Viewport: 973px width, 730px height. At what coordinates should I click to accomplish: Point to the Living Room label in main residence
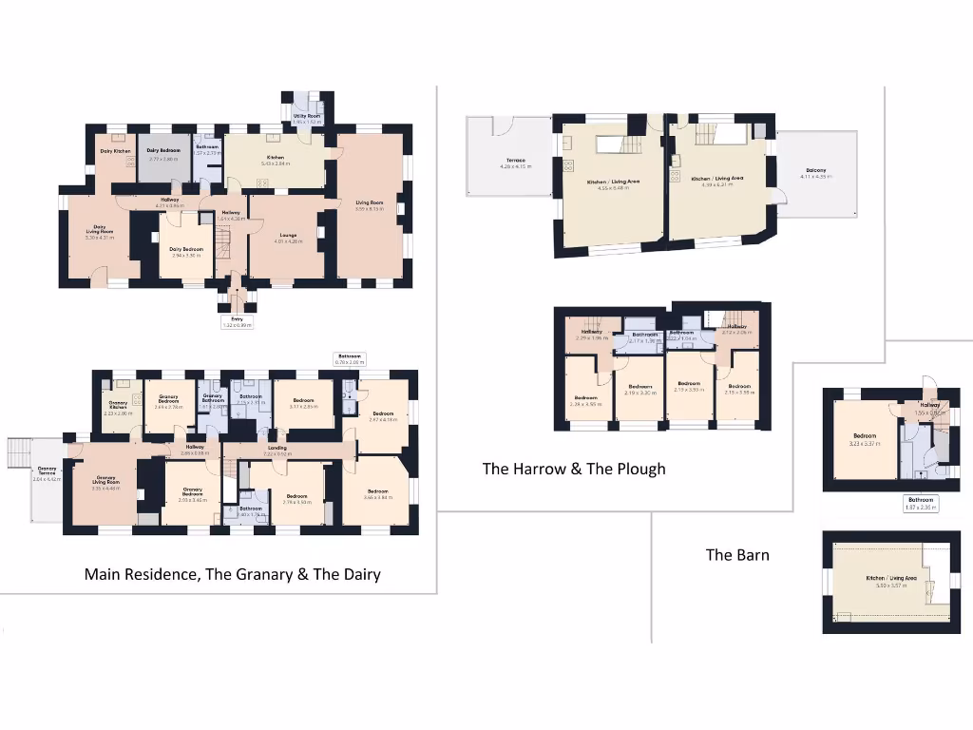pos(370,204)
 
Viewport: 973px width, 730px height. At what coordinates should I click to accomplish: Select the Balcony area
pos(812,173)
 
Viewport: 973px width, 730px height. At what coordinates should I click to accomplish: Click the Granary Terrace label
pos(47,472)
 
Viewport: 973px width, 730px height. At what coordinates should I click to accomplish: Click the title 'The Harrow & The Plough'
pos(574,469)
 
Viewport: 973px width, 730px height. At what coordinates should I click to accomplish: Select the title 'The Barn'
pos(737,555)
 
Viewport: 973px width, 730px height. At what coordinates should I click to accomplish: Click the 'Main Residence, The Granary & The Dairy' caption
pos(233,574)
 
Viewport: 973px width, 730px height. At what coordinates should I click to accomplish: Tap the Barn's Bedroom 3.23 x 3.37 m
pos(864,440)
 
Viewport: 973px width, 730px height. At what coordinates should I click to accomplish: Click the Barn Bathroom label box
pos(920,503)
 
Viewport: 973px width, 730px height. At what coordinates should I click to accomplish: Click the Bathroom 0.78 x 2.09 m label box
pos(349,360)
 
